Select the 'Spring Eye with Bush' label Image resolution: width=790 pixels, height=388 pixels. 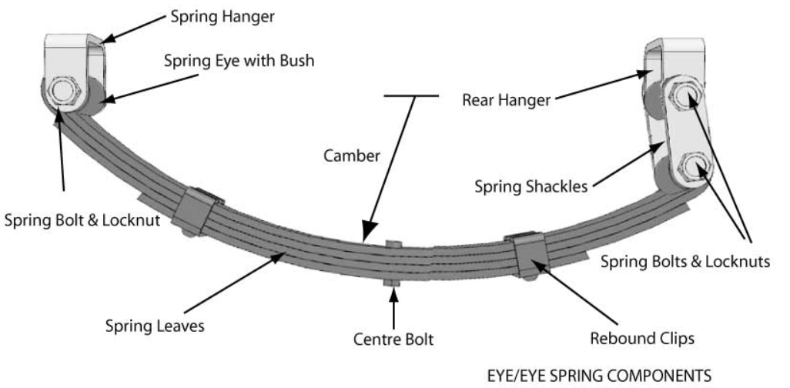[239, 61]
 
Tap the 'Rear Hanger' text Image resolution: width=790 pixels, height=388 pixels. [505, 100]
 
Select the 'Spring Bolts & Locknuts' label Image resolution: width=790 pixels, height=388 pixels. [684, 261]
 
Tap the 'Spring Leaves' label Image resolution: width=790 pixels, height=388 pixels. [154, 326]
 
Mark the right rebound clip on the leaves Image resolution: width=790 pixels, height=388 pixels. [529, 255]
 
